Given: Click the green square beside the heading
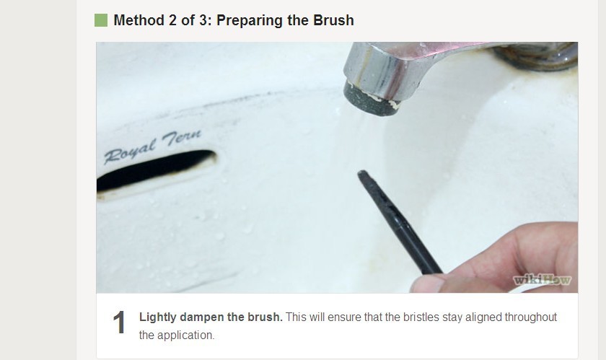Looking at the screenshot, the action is click(x=101, y=20).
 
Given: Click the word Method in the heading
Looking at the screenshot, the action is click(x=139, y=20).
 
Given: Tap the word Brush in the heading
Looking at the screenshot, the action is click(x=333, y=20).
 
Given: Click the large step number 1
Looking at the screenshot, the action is click(x=119, y=322).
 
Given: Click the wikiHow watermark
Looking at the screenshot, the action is click(x=542, y=279).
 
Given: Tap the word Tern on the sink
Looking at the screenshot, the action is click(x=182, y=138).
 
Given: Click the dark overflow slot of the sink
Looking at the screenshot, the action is click(x=156, y=170).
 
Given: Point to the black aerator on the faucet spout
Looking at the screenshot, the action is click(x=370, y=100).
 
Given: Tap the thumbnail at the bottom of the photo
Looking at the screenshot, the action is click(x=427, y=284).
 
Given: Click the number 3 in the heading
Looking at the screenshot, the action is click(x=203, y=20).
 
